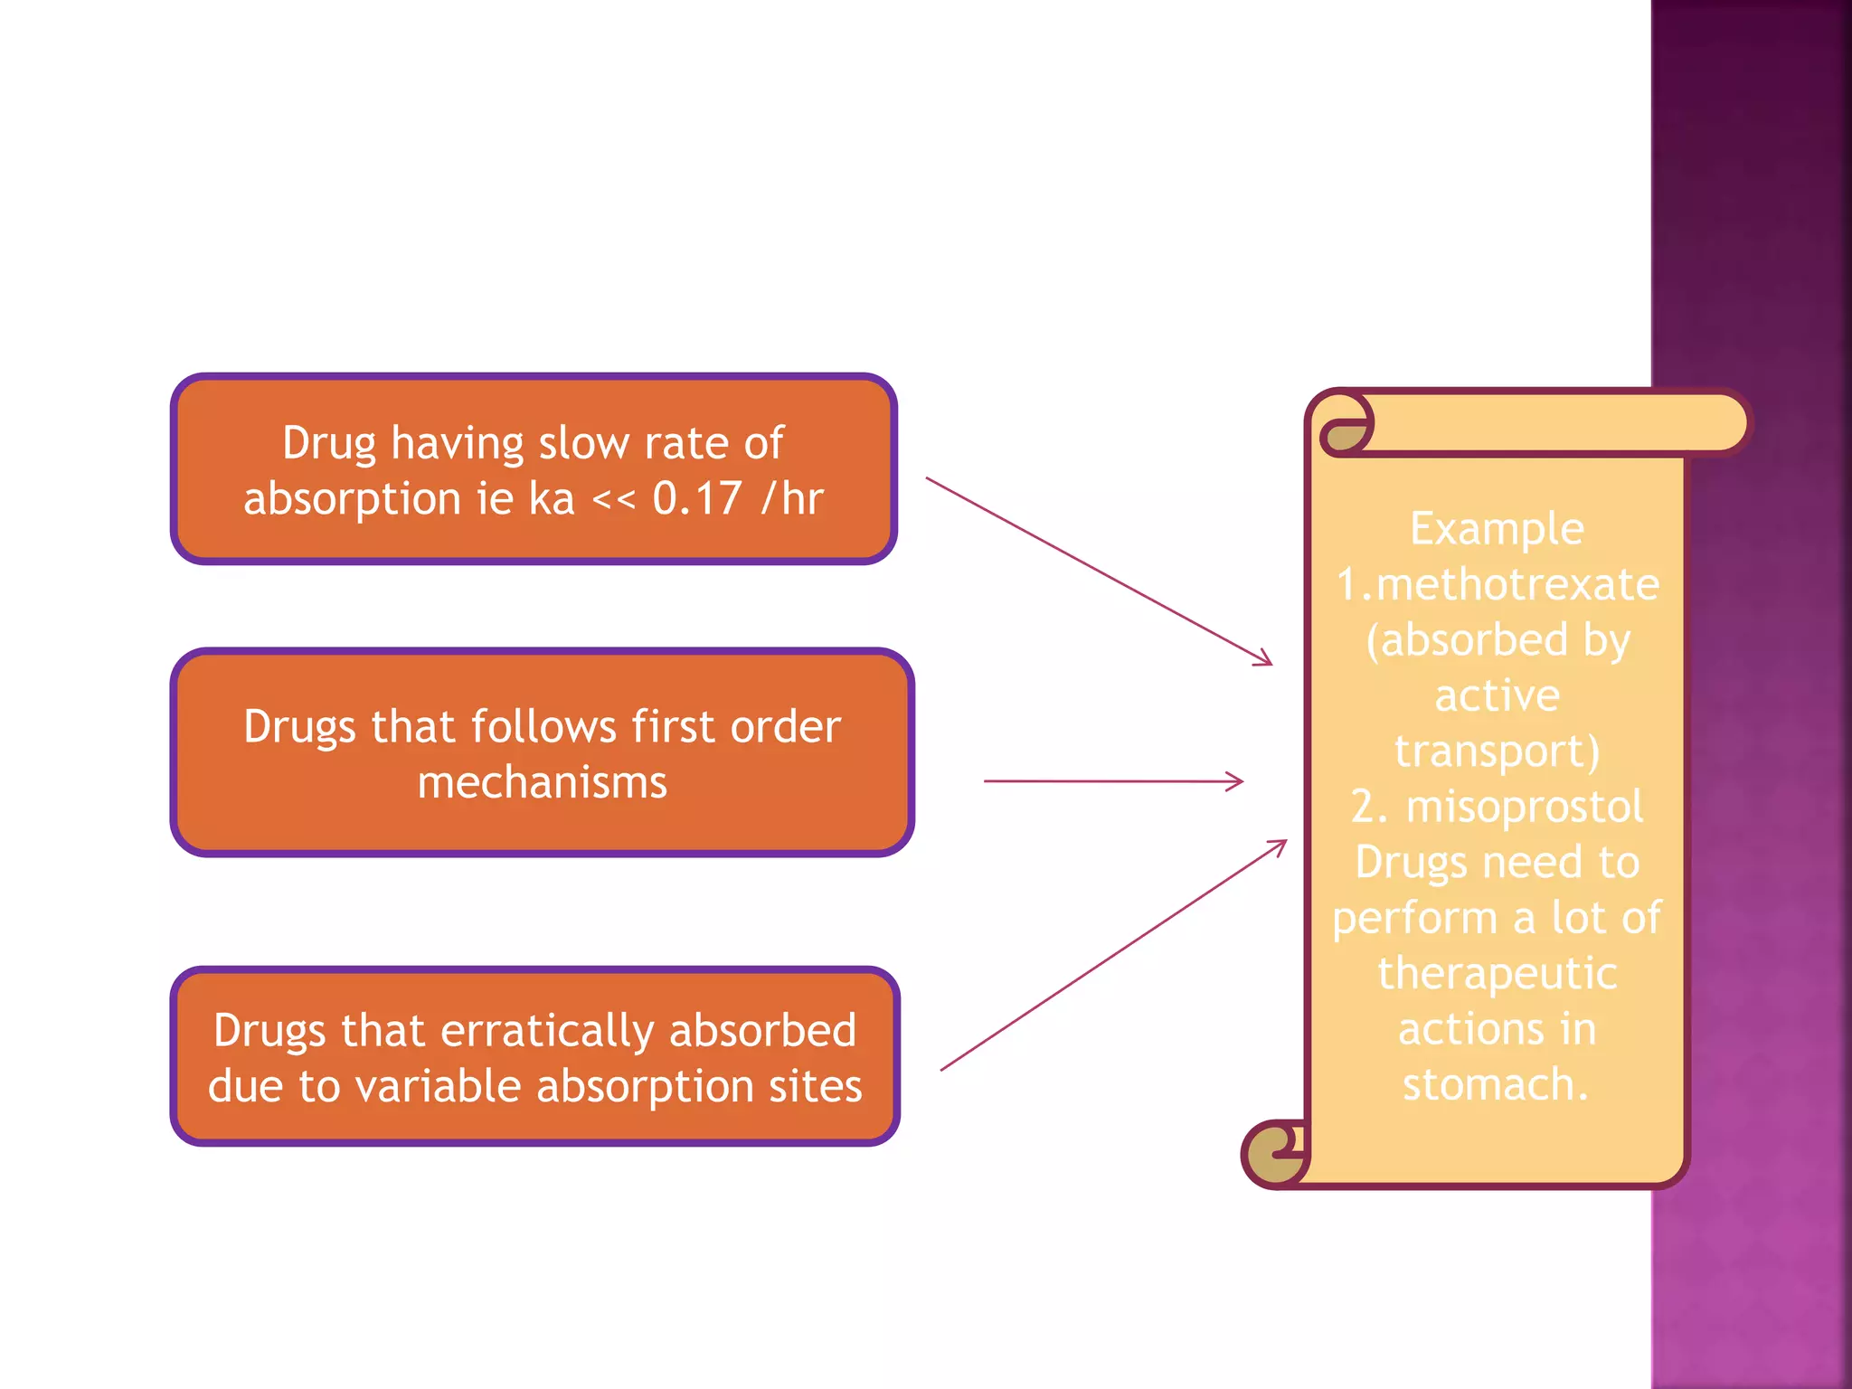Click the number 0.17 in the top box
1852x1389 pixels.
click(696, 498)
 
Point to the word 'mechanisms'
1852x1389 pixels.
click(543, 782)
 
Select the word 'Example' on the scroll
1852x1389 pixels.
click(1497, 528)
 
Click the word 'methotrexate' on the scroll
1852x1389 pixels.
click(1517, 584)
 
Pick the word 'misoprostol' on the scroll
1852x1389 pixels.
click(1525, 806)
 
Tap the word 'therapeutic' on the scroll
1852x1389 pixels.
click(1497, 973)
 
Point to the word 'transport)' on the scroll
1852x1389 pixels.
click(1497, 751)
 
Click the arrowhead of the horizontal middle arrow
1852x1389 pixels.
click(1237, 781)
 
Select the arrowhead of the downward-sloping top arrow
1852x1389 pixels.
click(1265, 661)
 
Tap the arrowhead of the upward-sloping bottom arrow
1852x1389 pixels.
click(1280, 845)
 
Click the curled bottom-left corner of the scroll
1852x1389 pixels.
click(1274, 1154)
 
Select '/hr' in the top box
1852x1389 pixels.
click(792, 498)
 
